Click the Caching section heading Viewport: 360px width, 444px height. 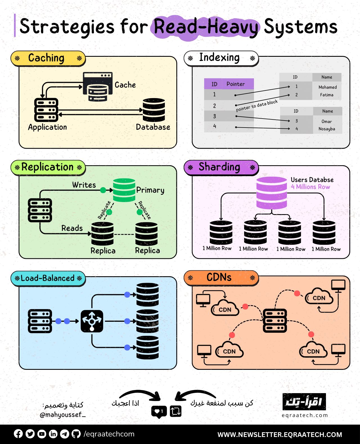(46, 58)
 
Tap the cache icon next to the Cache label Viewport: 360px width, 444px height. (98, 87)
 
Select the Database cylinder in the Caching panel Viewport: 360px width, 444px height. (154, 110)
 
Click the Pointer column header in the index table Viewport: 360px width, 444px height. (236, 84)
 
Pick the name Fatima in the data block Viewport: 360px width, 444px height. (327, 95)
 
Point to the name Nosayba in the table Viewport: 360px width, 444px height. (327, 129)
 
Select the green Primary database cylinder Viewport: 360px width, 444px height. (124, 190)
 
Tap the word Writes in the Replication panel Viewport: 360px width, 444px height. (84, 185)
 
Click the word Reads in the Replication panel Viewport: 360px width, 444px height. (72, 228)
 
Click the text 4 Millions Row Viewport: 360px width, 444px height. (310, 187)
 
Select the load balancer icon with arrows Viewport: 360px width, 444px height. (92, 321)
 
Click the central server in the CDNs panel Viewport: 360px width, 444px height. (275, 321)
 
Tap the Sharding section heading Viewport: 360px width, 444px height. (219, 167)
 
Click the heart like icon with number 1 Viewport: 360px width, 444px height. (159, 411)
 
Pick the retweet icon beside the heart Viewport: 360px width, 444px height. (175, 411)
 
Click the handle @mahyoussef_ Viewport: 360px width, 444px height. (62, 415)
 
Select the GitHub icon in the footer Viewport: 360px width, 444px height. (76, 434)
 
